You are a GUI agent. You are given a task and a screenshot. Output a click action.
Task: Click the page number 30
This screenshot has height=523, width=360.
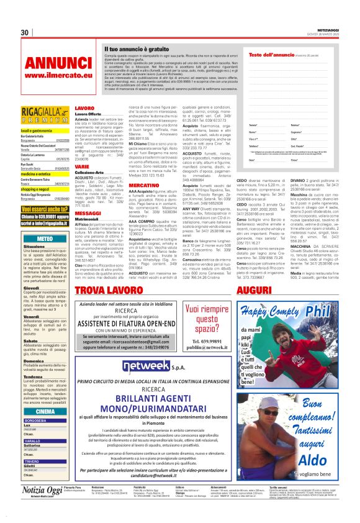point(25,32)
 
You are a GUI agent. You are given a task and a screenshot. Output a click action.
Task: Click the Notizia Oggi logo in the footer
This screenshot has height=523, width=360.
point(40,507)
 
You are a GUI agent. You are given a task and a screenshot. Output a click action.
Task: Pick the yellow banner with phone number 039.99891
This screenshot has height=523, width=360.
point(45,218)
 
